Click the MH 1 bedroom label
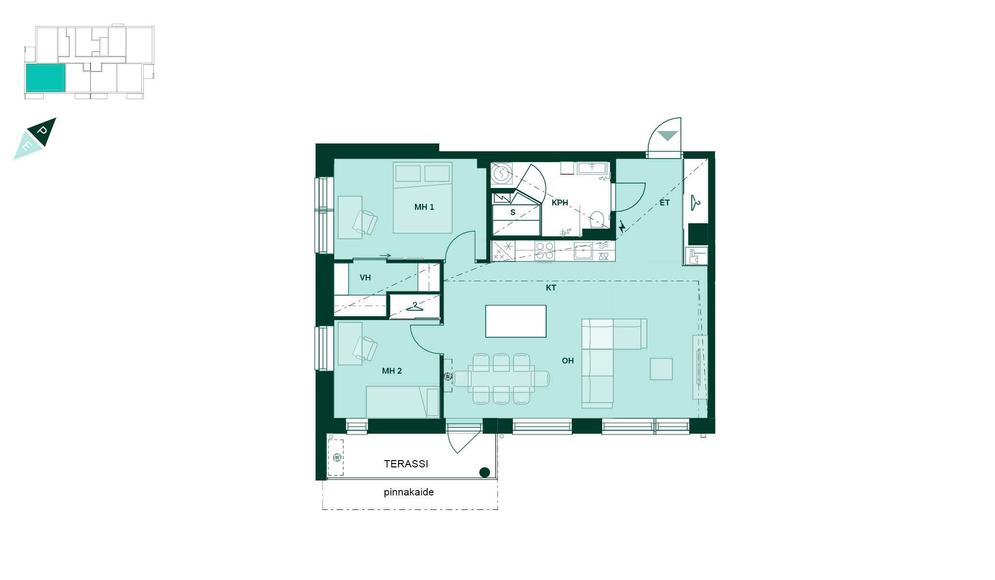point(424,207)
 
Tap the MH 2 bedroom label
point(392,371)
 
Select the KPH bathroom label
point(560,203)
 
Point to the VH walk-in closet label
point(365,277)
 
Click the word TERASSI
point(406,464)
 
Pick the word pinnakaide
point(409,492)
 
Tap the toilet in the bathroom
point(597,219)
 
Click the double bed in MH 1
point(423,197)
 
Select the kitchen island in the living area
point(516,321)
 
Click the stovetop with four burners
point(545,251)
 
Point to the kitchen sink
point(583,251)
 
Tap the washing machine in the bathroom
point(502,174)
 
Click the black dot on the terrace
point(484,472)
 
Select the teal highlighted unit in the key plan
point(45,77)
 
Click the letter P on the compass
point(43,131)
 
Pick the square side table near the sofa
point(661,369)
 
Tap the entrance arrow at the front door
point(668,136)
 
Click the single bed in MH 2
point(402,402)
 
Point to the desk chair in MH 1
point(365,222)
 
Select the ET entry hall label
point(665,203)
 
